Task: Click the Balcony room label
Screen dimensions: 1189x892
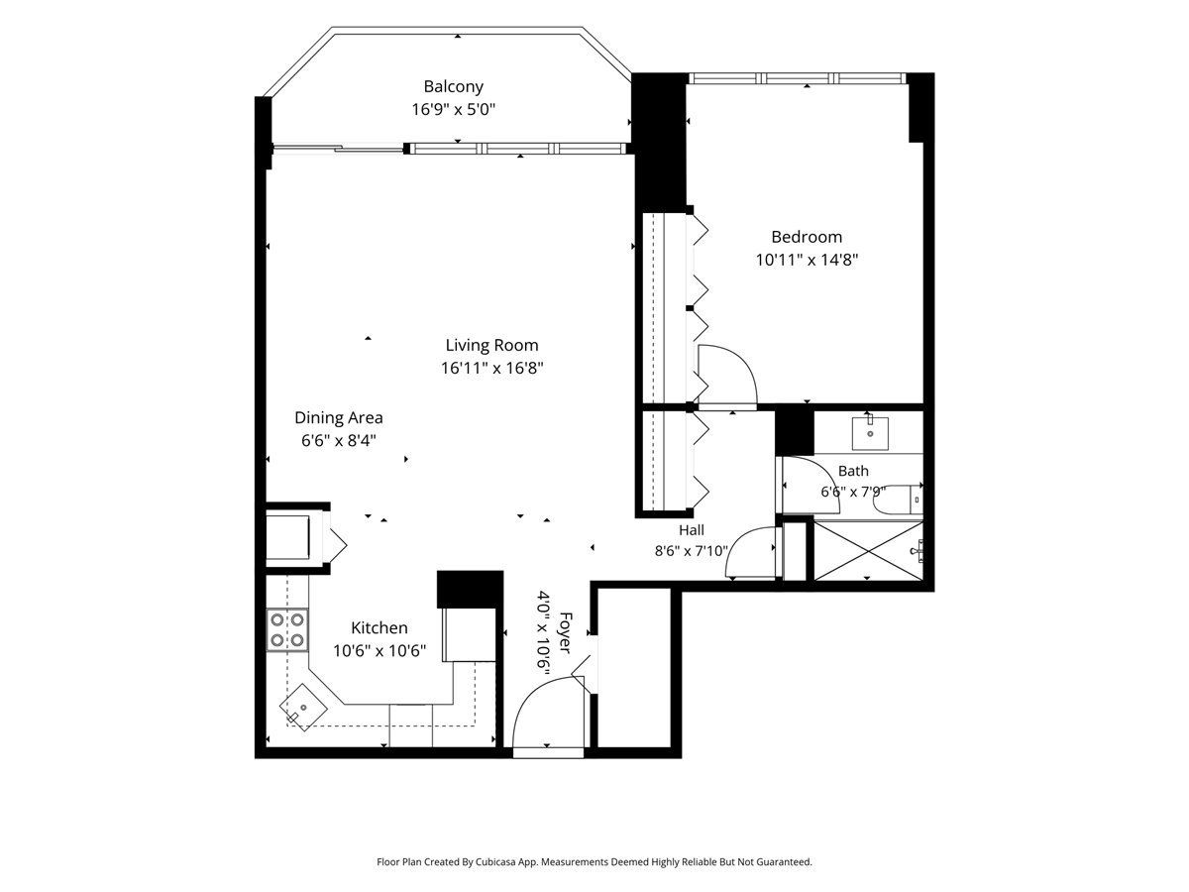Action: (x=453, y=86)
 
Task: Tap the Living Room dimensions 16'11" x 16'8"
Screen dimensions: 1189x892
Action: (x=491, y=369)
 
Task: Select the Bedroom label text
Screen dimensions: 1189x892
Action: (x=807, y=237)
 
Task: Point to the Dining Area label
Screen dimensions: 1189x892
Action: (x=339, y=417)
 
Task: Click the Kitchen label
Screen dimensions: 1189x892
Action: (x=379, y=627)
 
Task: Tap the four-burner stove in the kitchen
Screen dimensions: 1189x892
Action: (x=287, y=629)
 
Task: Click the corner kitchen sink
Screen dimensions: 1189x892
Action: (x=303, y=708)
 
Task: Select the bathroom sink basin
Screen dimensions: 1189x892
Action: (x=870, y=433)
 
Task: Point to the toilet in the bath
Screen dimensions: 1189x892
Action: (x=898, y=499)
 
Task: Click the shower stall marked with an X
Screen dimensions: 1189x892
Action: (x=868, y=551)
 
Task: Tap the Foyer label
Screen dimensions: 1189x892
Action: (x=565, y=632)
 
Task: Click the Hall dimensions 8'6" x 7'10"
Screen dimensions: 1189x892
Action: (x=692, y=551)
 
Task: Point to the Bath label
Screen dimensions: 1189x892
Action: (x=853, y=471)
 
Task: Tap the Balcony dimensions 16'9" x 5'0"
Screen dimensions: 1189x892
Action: (x=454, y=110)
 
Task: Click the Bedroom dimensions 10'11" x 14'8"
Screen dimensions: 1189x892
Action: (x=808, y=260)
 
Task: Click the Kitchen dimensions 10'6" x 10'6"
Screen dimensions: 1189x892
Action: (x=379, y=650)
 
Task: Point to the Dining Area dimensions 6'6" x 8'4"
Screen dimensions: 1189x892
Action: (x=339, y=440)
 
